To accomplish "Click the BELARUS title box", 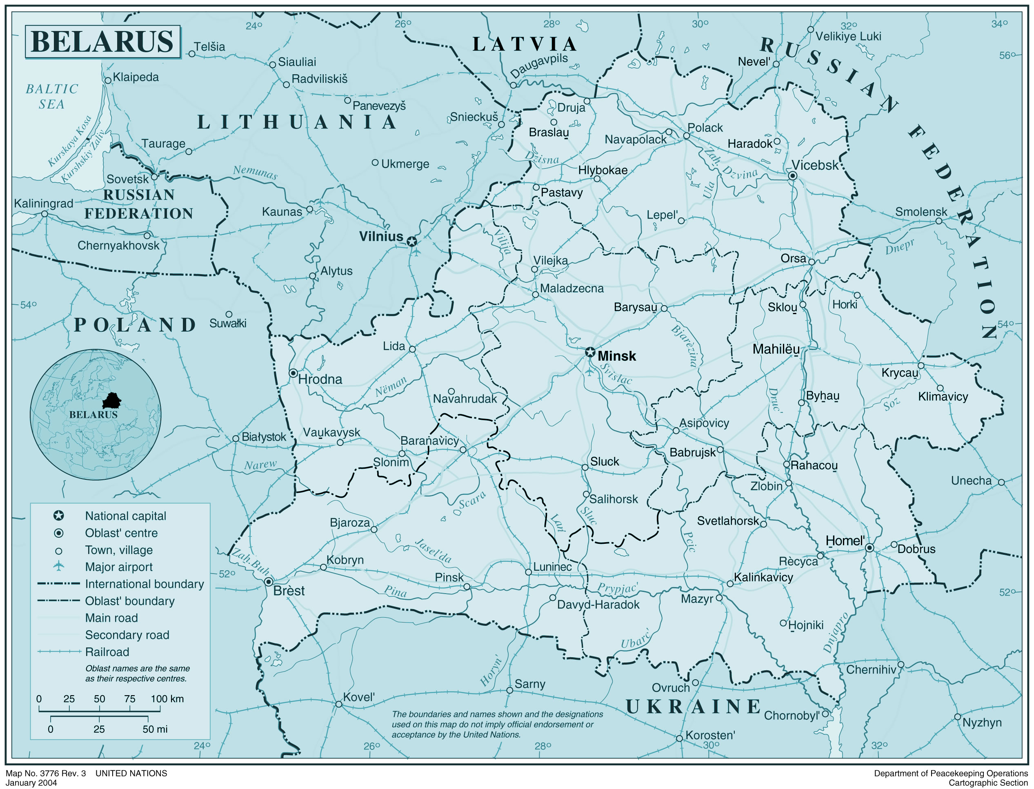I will point(102,42).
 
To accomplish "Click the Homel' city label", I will point(845,541).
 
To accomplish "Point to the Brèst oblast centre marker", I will point(268,582).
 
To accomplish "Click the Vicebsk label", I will point(814,165).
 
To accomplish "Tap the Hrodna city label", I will point(320,379).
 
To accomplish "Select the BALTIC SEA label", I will point(52,96).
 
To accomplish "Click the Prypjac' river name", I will point(617,588).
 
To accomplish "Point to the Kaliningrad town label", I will point(43,203).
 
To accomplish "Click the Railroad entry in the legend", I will point(107,652).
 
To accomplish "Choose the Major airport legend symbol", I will point(59,566).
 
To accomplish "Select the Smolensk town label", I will point(921,212).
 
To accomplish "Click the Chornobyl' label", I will point(792,715).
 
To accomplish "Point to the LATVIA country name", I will point(525,44).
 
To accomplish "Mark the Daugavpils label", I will point(539,66).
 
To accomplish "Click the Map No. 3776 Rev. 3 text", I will point(46,773).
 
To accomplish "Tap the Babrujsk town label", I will point(692,452).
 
